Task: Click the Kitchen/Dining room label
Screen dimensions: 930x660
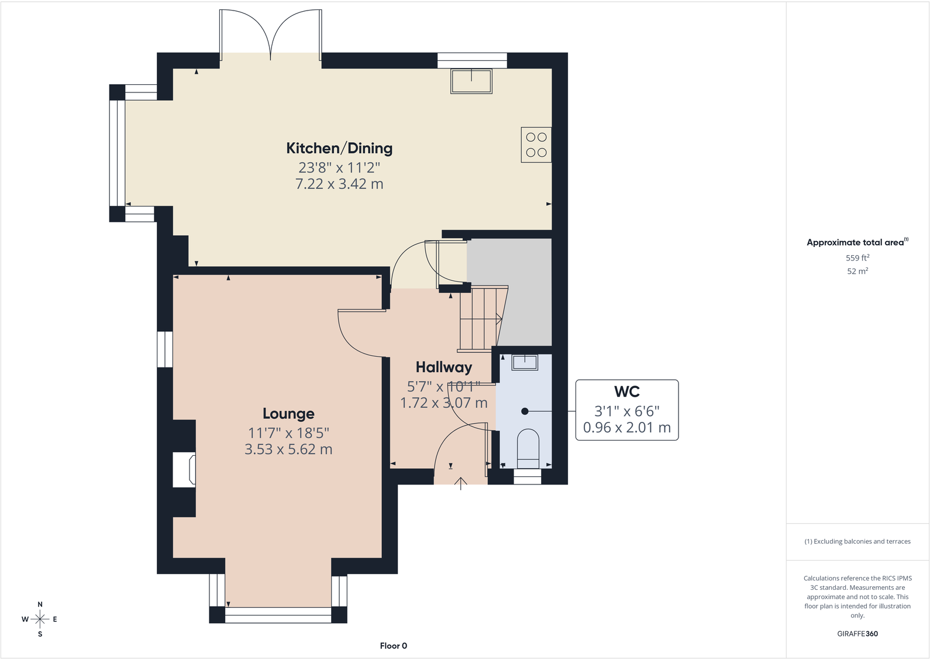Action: (x=339, y=148)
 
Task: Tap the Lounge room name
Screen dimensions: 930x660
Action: (x=288, y=414)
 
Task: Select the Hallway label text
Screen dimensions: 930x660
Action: (x=444, y=367)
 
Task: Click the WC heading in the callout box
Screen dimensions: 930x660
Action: (x=627, y=391)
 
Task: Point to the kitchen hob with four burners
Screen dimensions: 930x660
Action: (x=536, y=145)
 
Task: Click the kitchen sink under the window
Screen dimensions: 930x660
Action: (x=471, y=81)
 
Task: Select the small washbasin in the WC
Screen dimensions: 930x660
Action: (x=525, y=362)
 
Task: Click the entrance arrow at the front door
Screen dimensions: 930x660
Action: (x=460, y=483)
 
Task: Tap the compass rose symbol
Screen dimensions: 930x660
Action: (x=40, y=619)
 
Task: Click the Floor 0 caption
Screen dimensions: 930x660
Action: (x=394, y=646)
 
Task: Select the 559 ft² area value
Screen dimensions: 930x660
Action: (x=857, y=258)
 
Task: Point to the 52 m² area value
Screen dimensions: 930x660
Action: (x=857, y=271)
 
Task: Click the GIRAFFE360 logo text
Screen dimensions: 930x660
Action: (x=857, y=634)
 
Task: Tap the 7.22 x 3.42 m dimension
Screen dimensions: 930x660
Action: (x=339, y=184)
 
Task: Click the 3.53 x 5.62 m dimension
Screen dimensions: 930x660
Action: (x=288, y=449)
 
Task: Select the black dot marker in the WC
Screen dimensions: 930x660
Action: (x=525, y=411)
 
